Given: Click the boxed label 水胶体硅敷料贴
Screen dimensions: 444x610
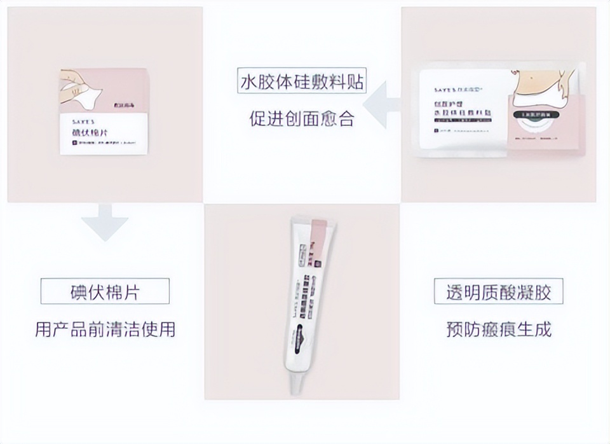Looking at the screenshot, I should (302, 82).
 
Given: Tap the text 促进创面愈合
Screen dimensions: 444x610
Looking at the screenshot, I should (302, 119).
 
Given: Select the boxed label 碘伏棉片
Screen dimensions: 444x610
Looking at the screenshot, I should (105, 292).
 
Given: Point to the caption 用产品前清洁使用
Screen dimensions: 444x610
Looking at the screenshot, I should (105, 329).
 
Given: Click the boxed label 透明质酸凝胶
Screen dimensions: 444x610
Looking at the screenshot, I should (498, 292).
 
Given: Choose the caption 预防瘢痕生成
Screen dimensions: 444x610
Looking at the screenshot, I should (498, 329).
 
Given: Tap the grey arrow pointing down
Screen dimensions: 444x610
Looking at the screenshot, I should (105, 222).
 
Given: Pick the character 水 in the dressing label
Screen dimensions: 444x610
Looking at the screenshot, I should (247, 82).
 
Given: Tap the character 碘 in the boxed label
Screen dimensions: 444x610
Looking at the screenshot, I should (78, 292).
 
